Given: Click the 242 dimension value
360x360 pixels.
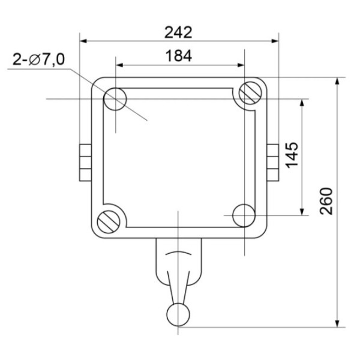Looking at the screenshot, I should pyautogui.click(x=179, y=31).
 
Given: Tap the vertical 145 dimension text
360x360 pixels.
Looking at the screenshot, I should pyautogui.click(x=292, y=155).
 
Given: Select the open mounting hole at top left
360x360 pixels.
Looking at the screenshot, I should pyautogui.click(x=115, y=100).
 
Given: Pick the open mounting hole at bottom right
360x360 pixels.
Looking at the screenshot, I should pyautogui.click(x=244, y=215).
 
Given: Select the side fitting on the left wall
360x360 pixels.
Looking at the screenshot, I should pyautogui.click(x=85, y=162).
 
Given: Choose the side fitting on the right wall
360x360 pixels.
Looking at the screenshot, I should pyautogui.click(x=273, y=162).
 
